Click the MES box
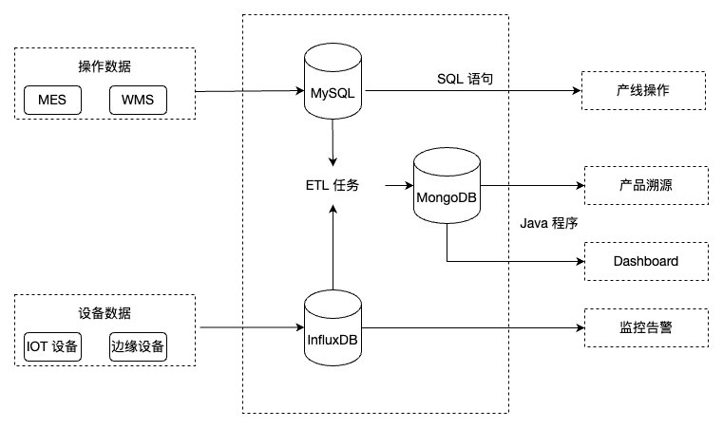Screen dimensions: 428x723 [x=53, y=100]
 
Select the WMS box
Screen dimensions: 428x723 [x=138, y=100]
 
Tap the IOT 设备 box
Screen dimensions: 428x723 [x=53, y=347]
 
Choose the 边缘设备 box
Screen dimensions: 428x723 [x=138, y=347]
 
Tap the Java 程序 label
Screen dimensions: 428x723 [x=550, y=223]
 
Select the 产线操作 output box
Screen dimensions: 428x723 [x=645, y=91]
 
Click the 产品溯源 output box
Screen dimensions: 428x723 [x=645, y=185]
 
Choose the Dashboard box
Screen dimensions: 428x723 [x=645, y=261]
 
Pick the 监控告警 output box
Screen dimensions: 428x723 [x=645, y=328]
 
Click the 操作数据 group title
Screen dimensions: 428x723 [x=105, y=67]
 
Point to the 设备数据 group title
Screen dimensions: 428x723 [x=105, y=314]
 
